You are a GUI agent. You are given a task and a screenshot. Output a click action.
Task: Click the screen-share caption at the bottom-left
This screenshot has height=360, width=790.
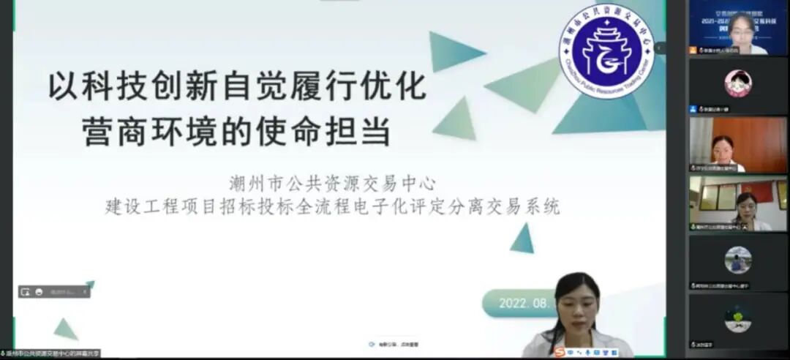coord(51,353)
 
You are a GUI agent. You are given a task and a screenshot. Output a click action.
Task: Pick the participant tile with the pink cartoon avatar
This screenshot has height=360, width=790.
coord(737,85)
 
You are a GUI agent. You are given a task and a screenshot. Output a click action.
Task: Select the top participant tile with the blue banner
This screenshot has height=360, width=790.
coord(737,27)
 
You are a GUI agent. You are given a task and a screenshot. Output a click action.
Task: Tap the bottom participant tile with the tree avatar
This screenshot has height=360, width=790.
coord(737,320)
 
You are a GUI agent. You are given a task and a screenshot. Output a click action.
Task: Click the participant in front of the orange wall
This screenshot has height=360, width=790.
coord(737,144)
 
